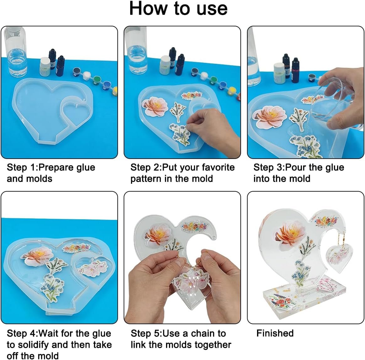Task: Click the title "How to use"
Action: click(178, 8)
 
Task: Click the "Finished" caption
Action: click(275, 333)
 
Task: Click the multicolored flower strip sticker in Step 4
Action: click(76, 248)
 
